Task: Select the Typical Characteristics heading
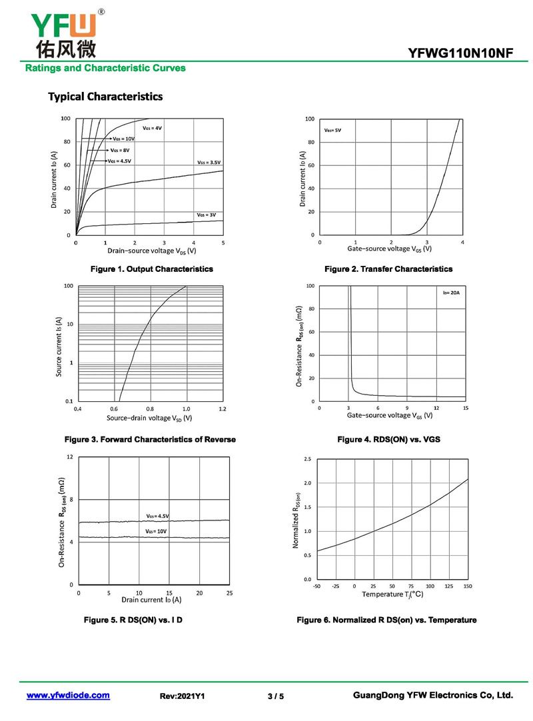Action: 105,97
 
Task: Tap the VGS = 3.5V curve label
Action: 209,163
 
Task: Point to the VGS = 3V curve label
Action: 207,215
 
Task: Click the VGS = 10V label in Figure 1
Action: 123,139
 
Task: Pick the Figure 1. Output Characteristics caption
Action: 152,269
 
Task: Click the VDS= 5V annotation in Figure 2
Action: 332,131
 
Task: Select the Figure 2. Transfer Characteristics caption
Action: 388,269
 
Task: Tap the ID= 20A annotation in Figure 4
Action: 451,293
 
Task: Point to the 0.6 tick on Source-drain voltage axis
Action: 114,408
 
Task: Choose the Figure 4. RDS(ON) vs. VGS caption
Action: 388,440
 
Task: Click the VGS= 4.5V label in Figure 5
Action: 158,516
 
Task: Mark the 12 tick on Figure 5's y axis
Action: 69,457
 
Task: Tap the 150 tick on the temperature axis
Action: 468,586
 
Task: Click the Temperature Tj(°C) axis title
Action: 392,594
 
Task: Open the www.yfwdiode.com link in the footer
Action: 68,695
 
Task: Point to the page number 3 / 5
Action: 276,696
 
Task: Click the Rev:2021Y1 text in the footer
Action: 182,696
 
